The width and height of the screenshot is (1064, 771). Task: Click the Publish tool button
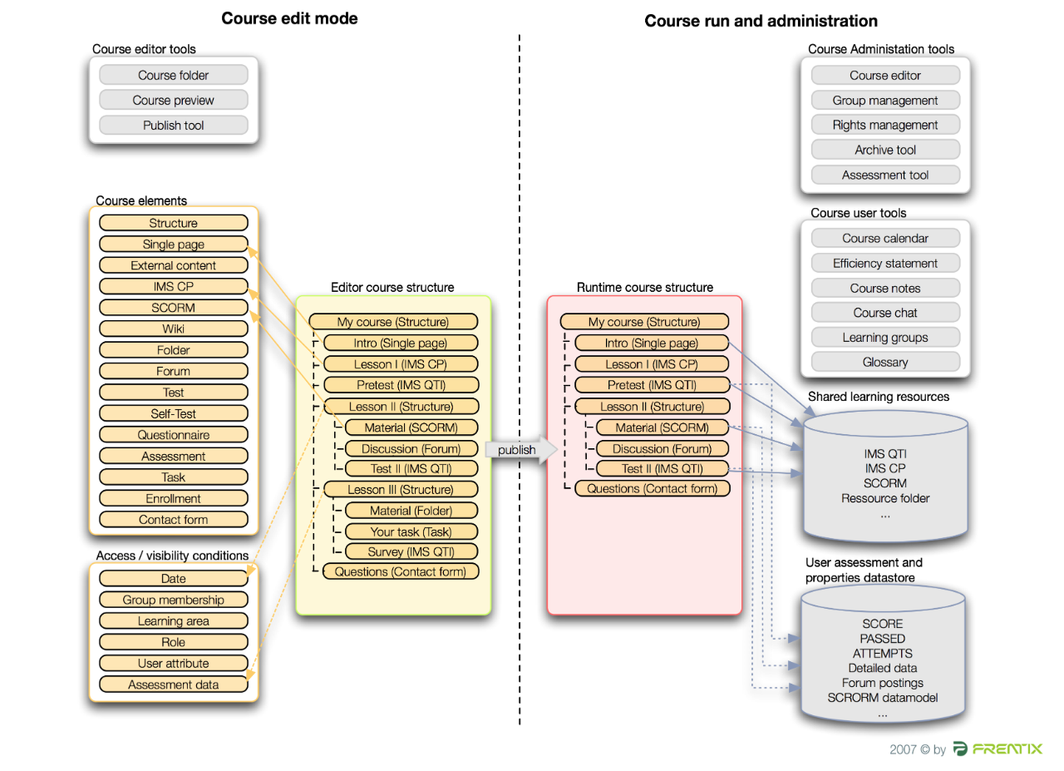pyautogui.click(x=173, y=126)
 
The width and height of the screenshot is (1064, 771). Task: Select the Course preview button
pyautogui.click(x=173, y=101)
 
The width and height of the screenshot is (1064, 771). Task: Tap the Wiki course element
pyautogui.click(x=173, y=329)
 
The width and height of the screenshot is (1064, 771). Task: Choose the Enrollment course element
pyautogui.click(x=173, y=499)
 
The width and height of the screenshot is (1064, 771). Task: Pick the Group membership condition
pyautogui.click(x=173, y=600)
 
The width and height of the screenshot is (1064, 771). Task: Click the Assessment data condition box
pyautogui.click(x=173, y=685)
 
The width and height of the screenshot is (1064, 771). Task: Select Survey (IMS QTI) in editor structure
pyautogui.click(x=411, y=551)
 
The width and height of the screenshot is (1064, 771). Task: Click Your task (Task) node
pyautogui.click(x=411, y=531)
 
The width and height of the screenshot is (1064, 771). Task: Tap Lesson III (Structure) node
pyautogui.click(x=400, y=489)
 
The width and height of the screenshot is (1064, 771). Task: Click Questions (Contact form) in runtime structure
pyautogui.click(x=652, y=488)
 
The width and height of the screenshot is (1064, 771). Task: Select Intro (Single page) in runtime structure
pyautogui.click(x=651, y=343)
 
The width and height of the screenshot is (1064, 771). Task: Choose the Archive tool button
pyautogui.click(x=884, y=151)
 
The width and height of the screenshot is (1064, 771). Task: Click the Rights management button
pyautogui.click(x=884, y=126)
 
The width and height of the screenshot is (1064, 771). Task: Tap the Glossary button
pyautogui.click(x=884, y=363)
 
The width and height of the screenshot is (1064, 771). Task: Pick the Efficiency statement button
pyautogui.click(x=884, y=264)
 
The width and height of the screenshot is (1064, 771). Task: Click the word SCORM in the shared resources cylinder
pyautogui.click(x=884, y=483)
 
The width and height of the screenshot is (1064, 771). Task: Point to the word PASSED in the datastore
pyautogui.click(x=882, y=639)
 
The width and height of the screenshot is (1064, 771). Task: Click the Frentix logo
pyautogui.click(x=997, y=749)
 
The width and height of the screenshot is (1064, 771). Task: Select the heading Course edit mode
pyautogui.click(x=289, y=18)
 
